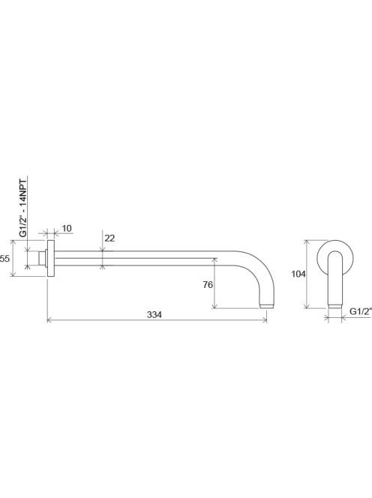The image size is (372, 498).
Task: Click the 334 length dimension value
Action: (x=154, y=314)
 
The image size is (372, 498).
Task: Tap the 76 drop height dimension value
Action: (x=208, y=285)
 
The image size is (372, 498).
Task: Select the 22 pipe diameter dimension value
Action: (x=109, y=238)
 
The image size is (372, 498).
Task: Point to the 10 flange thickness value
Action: (x=67, y=228)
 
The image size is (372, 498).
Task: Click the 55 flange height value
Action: (x=4, y=259)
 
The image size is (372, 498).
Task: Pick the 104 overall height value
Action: (x=298, y=274)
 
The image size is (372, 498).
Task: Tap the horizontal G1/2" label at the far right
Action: (x=361, y=311)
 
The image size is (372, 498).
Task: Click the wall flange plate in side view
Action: (x=50, y=258)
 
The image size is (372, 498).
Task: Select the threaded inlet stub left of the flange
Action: (x=42, y=258)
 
